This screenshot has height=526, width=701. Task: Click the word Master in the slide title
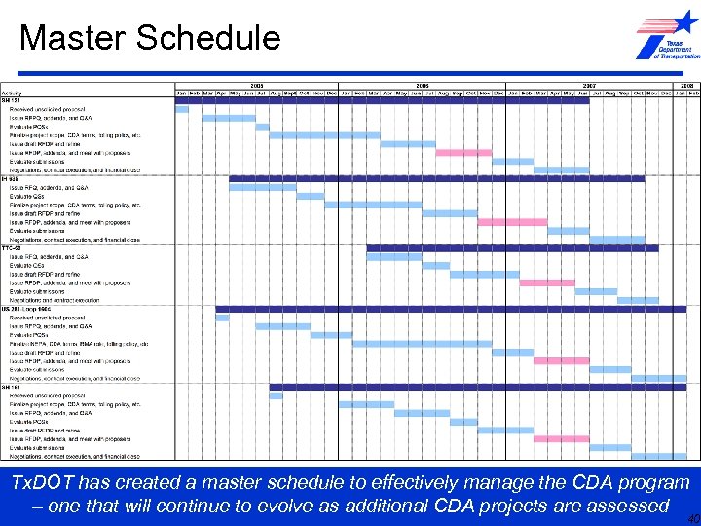[73, 37]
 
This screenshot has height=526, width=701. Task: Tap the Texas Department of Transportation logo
[668, 38]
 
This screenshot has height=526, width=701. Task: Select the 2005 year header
[256, 85]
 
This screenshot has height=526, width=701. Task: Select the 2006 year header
[423, 85]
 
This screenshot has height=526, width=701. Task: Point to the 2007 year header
[589, 85]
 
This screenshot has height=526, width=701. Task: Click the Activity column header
[14, 93]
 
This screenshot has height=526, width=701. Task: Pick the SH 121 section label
[12, 100]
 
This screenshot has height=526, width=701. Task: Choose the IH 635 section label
[12, 179]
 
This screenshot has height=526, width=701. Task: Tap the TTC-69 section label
[13, 248]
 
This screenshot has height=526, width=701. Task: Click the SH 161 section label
[12, 387]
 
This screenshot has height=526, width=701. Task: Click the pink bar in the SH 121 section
[463, 153]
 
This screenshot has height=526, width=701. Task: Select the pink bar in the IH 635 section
[512, 222]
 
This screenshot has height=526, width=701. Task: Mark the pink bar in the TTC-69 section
[547, 282]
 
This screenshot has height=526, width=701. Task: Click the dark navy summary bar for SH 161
[477, 387]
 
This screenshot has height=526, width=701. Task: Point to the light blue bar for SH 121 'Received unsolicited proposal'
[182, 109]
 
